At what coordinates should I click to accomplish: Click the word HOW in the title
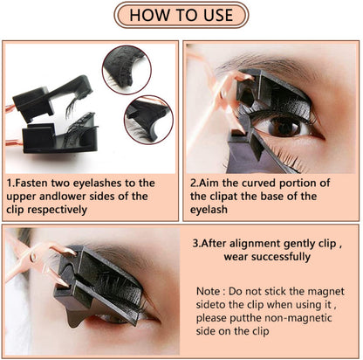149,15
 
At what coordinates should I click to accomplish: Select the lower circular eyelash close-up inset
147,120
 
